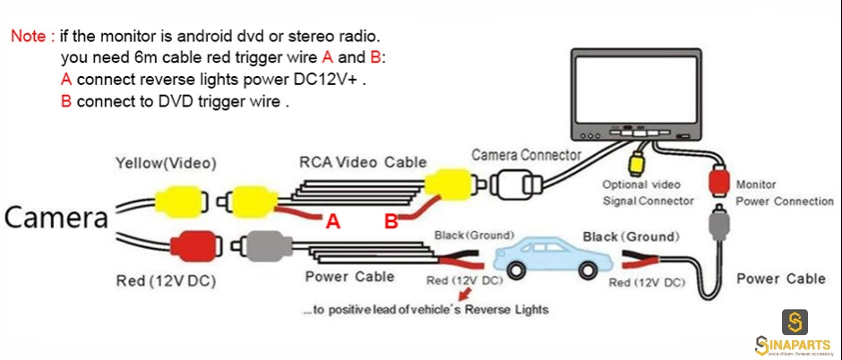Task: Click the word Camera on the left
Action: click(x=56, y=218)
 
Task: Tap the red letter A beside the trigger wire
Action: click(x=333, y=221)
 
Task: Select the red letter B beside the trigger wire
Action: click(x=391, y=221)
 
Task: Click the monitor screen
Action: click(x=636, y=89)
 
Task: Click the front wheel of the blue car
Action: click(x=516, y=271)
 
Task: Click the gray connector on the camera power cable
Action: click(x=267, y=246)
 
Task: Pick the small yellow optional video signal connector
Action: click(x=636, y=165)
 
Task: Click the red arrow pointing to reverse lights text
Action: click(x=465, y=295)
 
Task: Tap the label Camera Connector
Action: click(x=527, y=156)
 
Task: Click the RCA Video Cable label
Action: click(x=363, y=162)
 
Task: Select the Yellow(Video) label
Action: click(x=166, y=163)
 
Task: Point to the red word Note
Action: click(x=32, y=37)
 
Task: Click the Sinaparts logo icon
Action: click(x=795, y=321)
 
